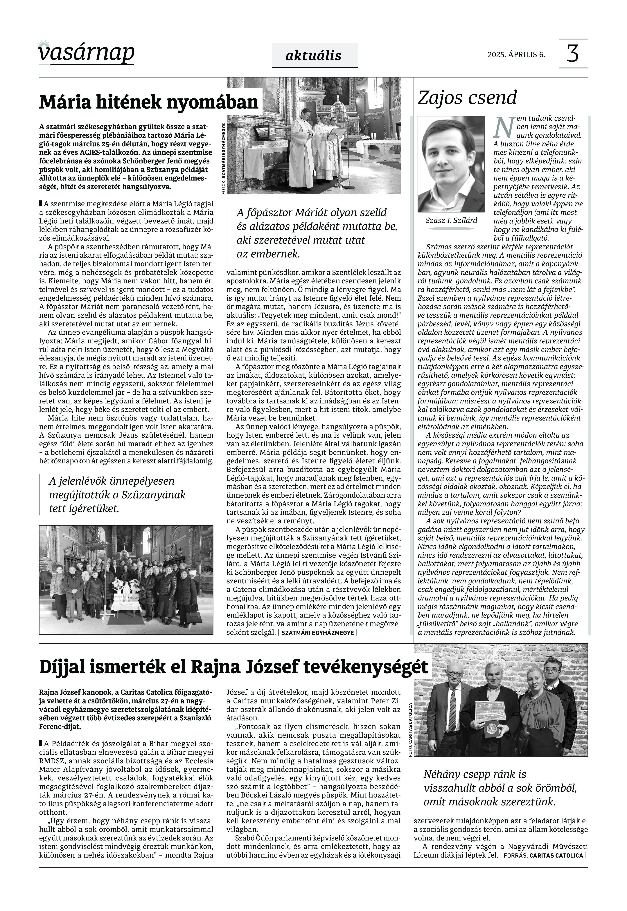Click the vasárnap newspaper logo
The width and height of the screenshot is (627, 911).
tap(86, 53)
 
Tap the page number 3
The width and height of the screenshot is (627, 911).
tap(573, 54)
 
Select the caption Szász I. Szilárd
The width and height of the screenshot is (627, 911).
tap(451, 220)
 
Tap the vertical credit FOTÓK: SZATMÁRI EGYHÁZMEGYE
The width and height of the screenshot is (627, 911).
tap(224, 158)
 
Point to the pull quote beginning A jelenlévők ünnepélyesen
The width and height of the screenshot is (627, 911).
tap(117, 495)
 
